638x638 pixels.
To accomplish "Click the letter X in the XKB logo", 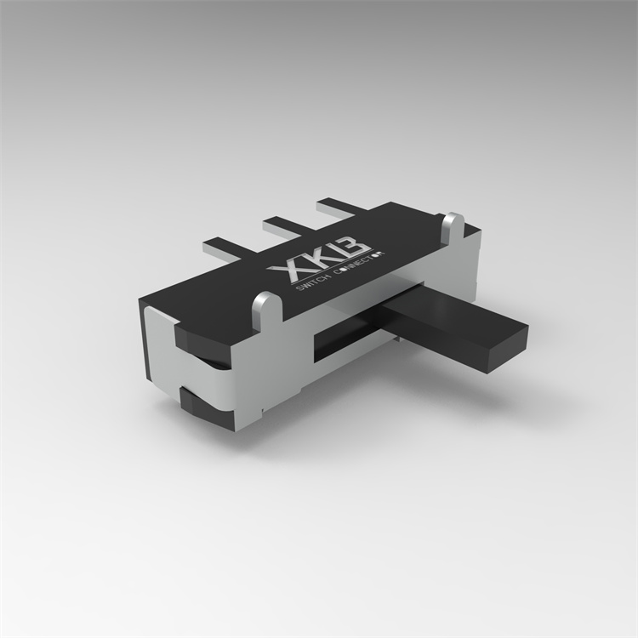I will (287, 271).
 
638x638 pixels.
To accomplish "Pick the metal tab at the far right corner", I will (453, 225).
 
